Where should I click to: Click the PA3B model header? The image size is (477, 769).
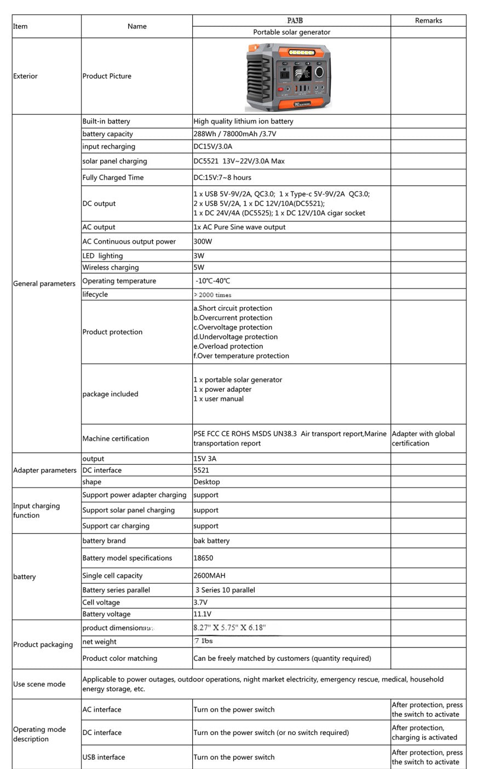point(295,21)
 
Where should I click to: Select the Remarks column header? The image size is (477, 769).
point(428,21)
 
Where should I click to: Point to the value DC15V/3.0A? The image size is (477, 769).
point(213,147)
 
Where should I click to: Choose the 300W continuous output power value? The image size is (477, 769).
point(203,241)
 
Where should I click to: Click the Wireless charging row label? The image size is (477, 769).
point(111,268)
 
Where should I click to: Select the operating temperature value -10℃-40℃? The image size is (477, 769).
point(213,281)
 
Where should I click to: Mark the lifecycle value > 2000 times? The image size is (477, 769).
point(212,295)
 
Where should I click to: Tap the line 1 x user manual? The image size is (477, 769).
point(219,399)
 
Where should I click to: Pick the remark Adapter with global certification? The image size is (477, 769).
point(423,438)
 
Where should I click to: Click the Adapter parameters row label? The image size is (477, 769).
point(45,470)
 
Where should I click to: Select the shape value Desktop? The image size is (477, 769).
point(206,482)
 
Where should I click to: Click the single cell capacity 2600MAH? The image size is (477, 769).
point(209,576)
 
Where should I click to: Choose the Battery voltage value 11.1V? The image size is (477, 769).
point(202,614)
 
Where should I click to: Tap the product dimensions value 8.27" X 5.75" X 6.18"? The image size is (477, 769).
point(229,628)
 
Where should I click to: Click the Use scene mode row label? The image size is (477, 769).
point(39,684)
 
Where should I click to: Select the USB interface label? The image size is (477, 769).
point(104,758)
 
